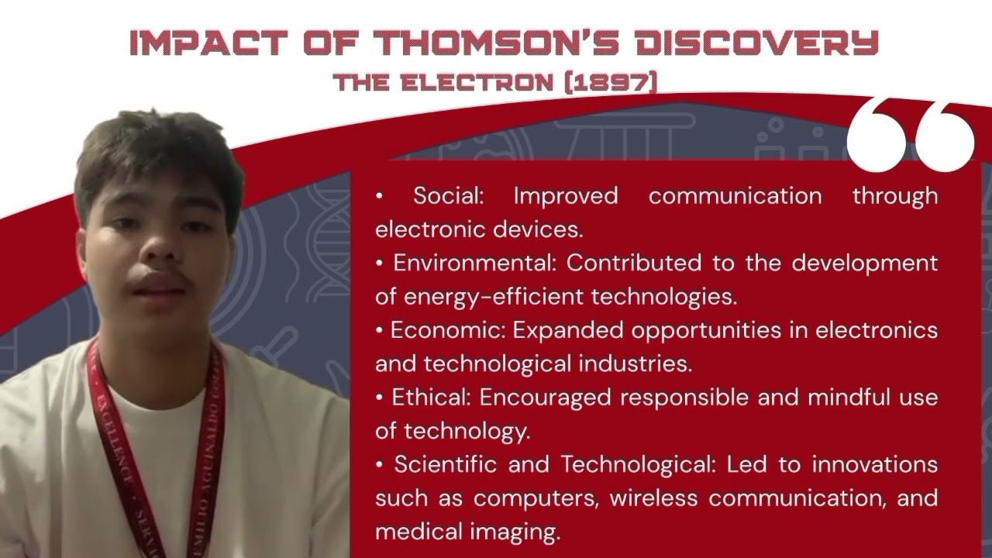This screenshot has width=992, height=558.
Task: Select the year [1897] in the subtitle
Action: [612, 82]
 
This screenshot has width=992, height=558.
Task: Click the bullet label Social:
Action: [449, 195]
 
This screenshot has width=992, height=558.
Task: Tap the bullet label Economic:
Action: [449, 330]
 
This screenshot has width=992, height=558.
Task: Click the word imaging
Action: [522, 532]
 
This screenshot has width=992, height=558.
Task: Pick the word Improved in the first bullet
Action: [566, 195]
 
